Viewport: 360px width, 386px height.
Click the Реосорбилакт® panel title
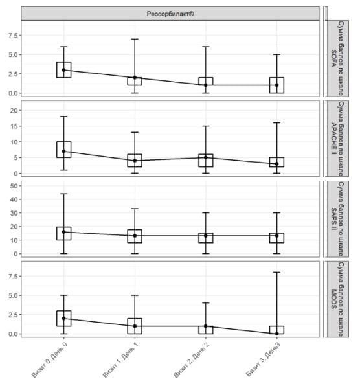point(170,14)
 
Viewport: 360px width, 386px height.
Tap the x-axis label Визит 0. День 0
point(49,359)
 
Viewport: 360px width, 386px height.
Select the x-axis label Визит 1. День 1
point(120,359)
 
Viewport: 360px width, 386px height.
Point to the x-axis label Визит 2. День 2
point(192,359)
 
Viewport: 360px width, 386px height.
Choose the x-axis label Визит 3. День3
point(263,359)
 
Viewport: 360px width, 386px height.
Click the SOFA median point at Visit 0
point(63,70)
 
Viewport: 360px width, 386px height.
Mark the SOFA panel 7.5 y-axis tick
point(13,36)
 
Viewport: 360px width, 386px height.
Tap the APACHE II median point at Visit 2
point(206,157)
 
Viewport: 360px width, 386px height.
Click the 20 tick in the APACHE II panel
point(14,111)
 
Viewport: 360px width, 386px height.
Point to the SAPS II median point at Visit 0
point(63,232)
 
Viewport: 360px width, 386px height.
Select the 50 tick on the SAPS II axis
point(14,186)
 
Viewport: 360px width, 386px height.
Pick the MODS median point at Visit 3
point(277,334)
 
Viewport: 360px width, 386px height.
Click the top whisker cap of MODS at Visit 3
point(277,272)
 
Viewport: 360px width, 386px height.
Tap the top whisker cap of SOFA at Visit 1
point(135,39)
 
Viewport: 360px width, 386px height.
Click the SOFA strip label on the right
point(337,58)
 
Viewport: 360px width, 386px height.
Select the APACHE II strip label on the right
point(337,139)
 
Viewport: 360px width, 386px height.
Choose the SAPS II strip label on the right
point(337,219)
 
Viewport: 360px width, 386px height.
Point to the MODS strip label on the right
point(337,299)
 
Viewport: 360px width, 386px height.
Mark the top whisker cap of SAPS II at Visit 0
point(63,194)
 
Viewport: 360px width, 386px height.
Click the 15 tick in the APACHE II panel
point(14,126)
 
